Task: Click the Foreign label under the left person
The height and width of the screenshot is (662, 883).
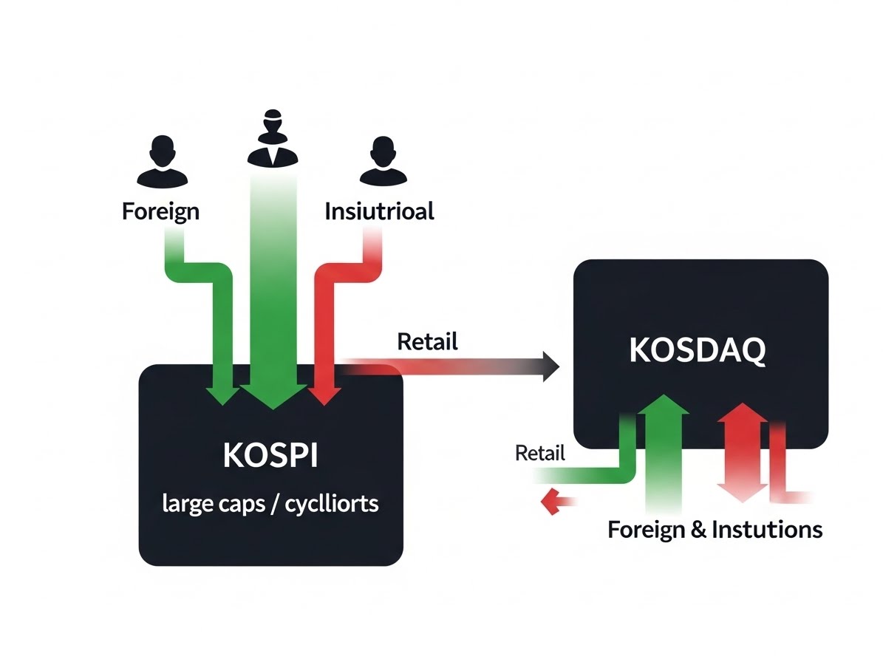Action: pyautogui.click(x=160, y=211)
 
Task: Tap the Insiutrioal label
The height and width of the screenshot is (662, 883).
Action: pyautogui.click(x=379, y=212)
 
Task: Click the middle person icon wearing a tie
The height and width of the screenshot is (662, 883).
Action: pyautogui.click(x=273, y=139)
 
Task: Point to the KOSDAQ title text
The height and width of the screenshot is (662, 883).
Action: pyautogui.click(x=698, y=351)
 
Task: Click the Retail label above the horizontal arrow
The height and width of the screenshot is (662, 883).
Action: pyautogui.click(x=427, y=341)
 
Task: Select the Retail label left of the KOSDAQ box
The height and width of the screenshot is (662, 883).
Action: pyautogui.click(x=539, y=453)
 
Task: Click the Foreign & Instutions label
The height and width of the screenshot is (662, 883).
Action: pyautogui.click(x=715, y=530)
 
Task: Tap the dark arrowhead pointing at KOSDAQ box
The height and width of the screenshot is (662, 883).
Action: pyautogui.click(x=551, y=366)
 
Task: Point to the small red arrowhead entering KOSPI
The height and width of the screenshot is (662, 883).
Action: pyautogui.click(x=323, y=395)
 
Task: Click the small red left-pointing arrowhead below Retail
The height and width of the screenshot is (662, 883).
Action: pyautogui.click(x=550, y=503)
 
